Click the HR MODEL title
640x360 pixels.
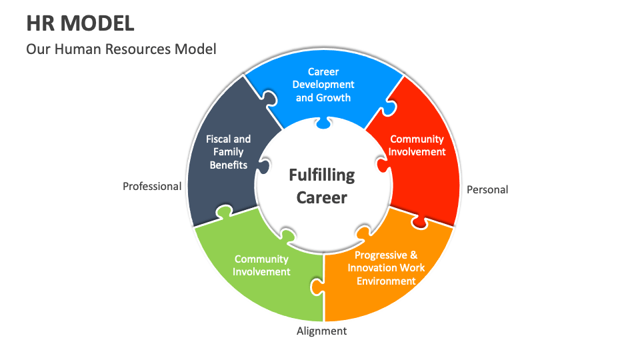pos(80,23)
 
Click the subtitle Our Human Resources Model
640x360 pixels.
pos(121,49)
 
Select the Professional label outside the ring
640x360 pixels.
pos(152,187)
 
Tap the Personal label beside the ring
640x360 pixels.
pos(487,190)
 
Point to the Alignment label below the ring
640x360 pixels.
pos(321,331)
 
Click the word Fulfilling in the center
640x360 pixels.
pos(321,175)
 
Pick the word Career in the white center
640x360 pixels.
pos(321,197)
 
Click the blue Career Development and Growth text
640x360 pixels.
pos(323,85)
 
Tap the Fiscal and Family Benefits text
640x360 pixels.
pos(228,152)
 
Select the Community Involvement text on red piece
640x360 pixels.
pos(417,145)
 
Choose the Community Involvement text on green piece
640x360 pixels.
pos(262,265)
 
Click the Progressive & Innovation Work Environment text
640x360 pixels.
pos(386,268)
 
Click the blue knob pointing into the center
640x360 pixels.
pos(323,123)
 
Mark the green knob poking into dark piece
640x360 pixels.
pos(223,212)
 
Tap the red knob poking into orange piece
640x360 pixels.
pos(420,221)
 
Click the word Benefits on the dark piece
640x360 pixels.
pos(228,165)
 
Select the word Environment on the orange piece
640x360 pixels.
pos(386,281)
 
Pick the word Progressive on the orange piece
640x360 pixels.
pos(380,255)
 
